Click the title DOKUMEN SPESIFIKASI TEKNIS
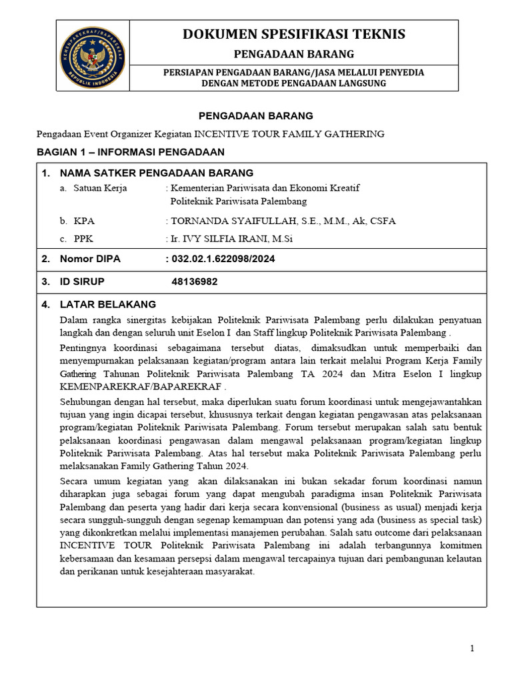click(293, 35)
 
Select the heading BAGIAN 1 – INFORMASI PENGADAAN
click(130, 152)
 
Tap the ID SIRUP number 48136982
click(195, 282)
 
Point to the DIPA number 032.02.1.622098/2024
click(223, 259)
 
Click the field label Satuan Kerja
click(100, 188)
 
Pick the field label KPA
click(85, 221)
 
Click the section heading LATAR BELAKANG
click(107, 305)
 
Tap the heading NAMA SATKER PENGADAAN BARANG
click(147, 173)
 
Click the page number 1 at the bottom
click(472, 648)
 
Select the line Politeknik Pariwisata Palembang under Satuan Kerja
click(239, 201)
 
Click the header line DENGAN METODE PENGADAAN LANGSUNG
click(293, 83)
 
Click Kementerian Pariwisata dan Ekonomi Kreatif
click(264, 188)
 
